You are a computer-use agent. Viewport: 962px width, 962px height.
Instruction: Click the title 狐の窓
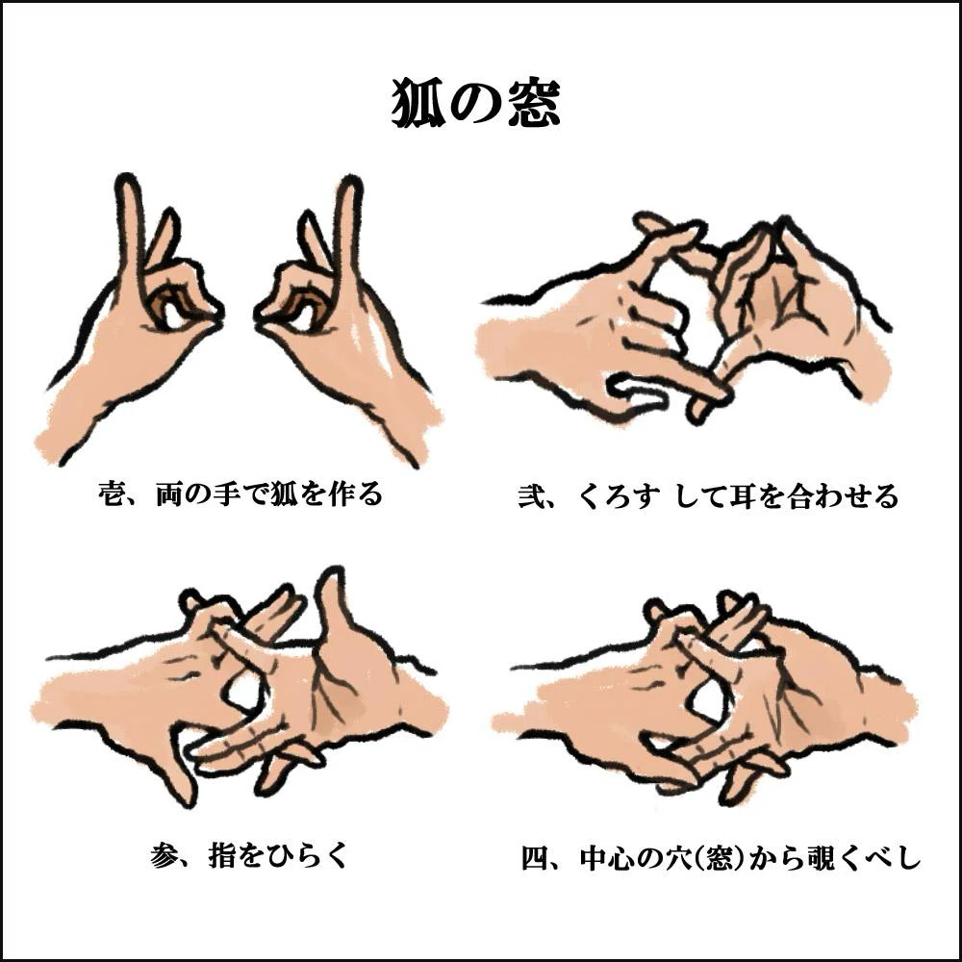coord(475,103)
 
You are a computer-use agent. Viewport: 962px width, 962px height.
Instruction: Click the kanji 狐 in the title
coord(418,103)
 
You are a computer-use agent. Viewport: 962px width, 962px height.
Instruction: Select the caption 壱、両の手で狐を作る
coord(240,494)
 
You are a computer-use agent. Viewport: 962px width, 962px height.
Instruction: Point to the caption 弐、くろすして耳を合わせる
coord(708,495)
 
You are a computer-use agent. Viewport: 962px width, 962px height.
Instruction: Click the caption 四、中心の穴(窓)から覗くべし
coord(721,857)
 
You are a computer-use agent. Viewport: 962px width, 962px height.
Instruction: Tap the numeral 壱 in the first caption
coord(112,494)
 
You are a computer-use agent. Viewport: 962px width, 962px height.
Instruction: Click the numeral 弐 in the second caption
coord(531,495)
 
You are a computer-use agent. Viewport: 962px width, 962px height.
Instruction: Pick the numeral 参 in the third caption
coord(164,854)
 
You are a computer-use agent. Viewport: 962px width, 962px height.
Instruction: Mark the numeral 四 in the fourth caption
coord(534,857)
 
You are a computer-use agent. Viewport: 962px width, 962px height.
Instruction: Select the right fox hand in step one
coord(346,325)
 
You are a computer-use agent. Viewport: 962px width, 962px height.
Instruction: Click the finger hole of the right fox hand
coord(303,316)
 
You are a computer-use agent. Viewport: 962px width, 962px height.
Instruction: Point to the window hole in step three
coord(243,692)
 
